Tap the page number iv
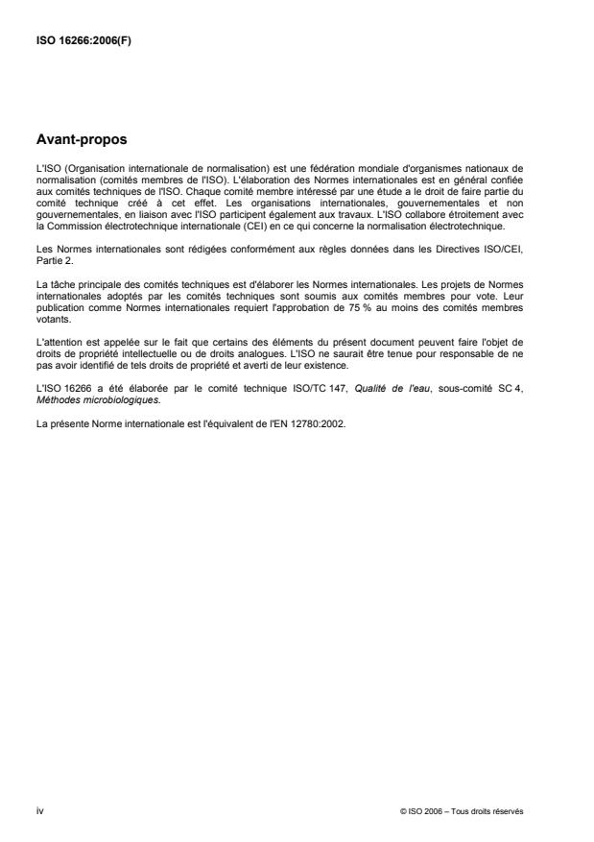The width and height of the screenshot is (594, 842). click(38, 811)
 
